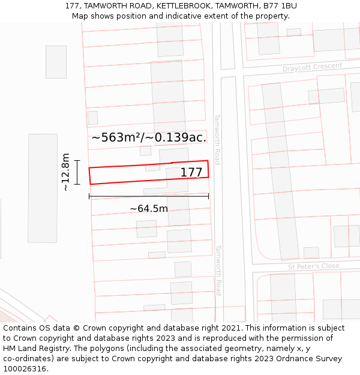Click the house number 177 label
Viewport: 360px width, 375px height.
pyautogui.click(x=191, y=173)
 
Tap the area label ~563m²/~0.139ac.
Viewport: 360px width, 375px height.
pyautogui.click(x=149, y=137)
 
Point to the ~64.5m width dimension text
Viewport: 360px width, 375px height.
pyautogui.click(x=149, y=209)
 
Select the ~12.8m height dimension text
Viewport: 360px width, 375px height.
pyautogui.click(x=65, y=172)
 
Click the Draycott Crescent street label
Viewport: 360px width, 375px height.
pyautogui.click(x=312, y=67)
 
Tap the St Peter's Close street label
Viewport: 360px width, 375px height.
pyautogui.click(x=313, y=266)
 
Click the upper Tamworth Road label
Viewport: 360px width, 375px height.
pyautogui.click(x=217, y=139)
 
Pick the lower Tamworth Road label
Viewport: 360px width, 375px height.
pyautogui.click(x=218, y=270)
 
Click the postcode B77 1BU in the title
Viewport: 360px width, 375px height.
pyautogui.click(x=278, y=6)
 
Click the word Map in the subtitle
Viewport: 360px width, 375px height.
pyautogui.click(x=80, y=16)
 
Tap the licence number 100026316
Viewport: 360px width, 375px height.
pyautogui.click(x=25, y=369)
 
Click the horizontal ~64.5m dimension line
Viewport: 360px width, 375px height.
pyautogui.click(x=149, y=196)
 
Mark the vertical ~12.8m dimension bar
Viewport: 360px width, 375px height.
pyautogui.click(x=77, y=172)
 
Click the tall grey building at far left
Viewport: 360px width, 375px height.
pyautogui.click(x=43, y=188)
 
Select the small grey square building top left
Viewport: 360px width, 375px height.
pyautogui.click(x=56, y=62)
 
